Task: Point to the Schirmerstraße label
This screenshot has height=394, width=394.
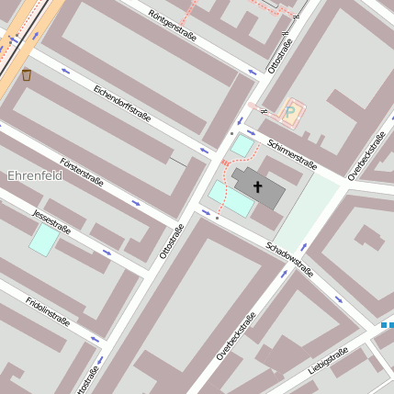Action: pos(292,154)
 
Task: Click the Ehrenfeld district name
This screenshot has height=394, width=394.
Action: pos(34,175)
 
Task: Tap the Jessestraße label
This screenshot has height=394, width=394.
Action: pos(51,220)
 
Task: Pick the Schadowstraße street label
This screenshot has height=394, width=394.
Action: pos(289,260)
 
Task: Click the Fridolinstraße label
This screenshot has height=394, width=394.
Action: pos(48,312)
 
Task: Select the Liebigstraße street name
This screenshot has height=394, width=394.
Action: pos(328,359)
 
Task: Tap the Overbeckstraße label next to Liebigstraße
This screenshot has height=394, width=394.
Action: pos(236,337)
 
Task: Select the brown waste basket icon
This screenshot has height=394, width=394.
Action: pos(26,74)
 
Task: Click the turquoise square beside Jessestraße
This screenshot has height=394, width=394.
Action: pos(43,240)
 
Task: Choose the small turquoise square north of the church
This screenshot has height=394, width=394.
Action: pos(242,145)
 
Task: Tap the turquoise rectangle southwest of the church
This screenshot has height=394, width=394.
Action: pos(231,198)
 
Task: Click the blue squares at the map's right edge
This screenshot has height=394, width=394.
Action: pos(387,324)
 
